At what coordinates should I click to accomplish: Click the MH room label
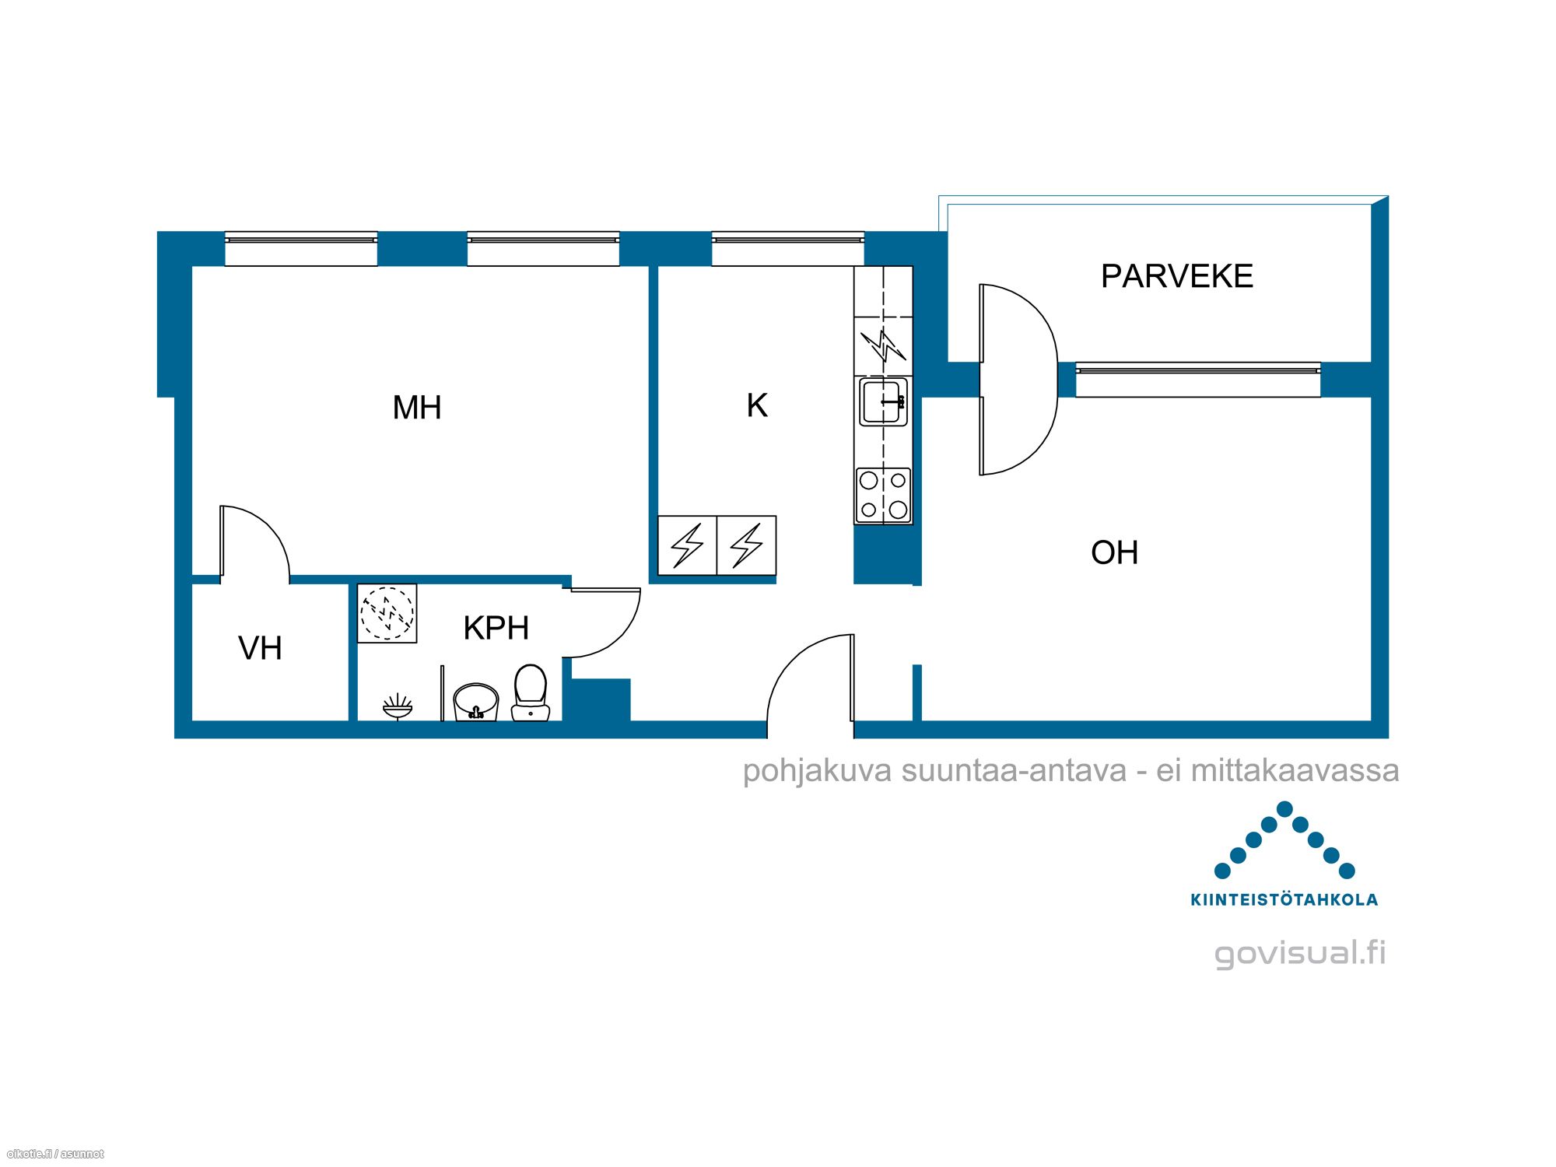pyautogui.click(x=417, y=408)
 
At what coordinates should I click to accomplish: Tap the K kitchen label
pyautogui.click(x=757, y=405)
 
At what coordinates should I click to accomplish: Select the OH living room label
pyautogui.click(x=1114, y=552)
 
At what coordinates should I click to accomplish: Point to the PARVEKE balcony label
pyautogui.click(x=1176, y=276)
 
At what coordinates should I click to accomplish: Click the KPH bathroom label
pyautogui.click(x=496, y=628)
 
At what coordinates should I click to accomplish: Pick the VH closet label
pyautogui.click(x=260, y=648)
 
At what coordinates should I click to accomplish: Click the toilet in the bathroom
pyautogui.click(x=531, y=692)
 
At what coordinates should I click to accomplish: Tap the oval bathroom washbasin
pyautogui.click(x=475, y=703)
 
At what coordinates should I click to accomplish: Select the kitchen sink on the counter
pyautogui.click(x=883, y=401)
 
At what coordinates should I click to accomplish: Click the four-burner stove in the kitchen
pyautogui.click(x=883, y=495)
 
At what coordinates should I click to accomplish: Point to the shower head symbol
pyautogui.click(x=398, y=706)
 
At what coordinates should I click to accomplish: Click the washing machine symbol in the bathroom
pyautogui.click(x=387, y=613)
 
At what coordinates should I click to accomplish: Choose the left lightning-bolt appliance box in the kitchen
pyautogui.click(x=687, y=545)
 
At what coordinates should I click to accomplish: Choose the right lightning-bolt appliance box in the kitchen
pyautogui.click(x=746, y=545)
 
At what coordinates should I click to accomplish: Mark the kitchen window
pyautogui.click(x=787, y=249)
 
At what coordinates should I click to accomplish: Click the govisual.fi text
pyautogui.click(x=1300, y=953)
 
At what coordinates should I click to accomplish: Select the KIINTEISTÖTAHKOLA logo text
pyautogui.click(x=1284, y=900)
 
